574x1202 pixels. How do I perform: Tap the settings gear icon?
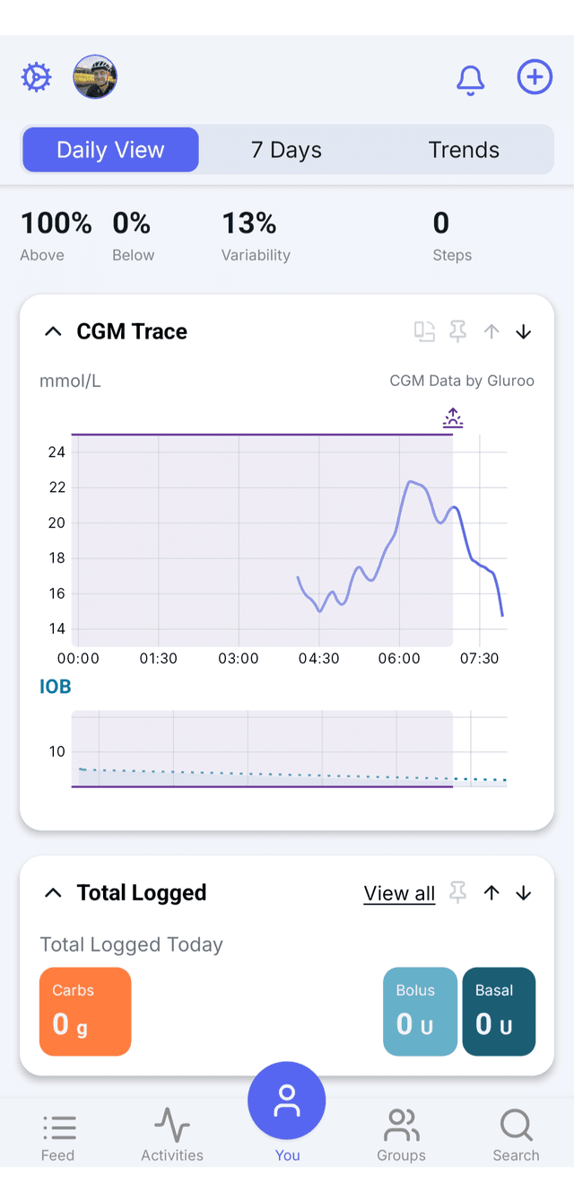pos(37,77)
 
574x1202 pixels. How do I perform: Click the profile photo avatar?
pos(95,76)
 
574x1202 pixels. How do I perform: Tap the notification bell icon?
pos(471,81)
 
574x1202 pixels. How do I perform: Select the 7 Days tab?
pos(286,150)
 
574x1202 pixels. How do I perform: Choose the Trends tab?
pos(464,150)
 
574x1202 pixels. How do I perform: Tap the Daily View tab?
pos(110,150)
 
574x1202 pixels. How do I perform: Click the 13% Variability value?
pos(249,223)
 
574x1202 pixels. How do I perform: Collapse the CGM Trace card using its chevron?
pos(53,331)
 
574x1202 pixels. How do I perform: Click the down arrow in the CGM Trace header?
pos(524,332)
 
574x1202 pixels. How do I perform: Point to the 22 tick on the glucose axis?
pos(57,487)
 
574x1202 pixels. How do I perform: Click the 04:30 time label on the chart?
pos(319,658)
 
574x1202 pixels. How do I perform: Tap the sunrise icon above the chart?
pos(453,417)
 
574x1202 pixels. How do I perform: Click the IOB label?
pos(56,687)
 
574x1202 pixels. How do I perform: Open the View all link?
pos(399,893)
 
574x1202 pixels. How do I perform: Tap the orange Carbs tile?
pos(85,1012)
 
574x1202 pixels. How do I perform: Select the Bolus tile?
pos(420,1012)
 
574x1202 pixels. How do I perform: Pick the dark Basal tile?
pos(499,1012)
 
